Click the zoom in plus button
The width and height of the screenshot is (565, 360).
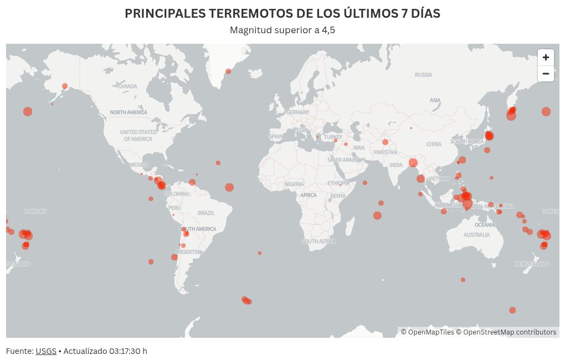coord(546,58)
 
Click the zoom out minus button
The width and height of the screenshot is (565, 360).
coord(546,74)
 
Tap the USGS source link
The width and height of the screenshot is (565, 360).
coord(46,351)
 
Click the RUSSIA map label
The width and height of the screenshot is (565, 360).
coord(423,75)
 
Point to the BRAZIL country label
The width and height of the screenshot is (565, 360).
coord(206,213)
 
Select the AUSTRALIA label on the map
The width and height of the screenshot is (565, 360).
coord(476,235)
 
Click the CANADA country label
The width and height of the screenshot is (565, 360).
coord(127,86)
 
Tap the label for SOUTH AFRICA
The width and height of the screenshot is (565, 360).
coord(319,241)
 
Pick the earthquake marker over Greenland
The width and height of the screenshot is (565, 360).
coord(228,71)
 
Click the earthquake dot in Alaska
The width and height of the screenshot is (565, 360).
coord(65,86)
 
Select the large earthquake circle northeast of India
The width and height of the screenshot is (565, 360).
coord(413,163)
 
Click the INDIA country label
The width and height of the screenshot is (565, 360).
coord(395,165)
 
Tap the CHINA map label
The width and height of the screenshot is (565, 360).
coord(434,144)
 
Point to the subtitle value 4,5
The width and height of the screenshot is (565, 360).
coord(328,30)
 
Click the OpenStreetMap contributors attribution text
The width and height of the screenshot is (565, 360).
coord(510,332)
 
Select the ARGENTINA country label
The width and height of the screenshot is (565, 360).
coord(189,252)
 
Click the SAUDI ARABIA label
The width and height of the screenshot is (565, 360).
coord(343,160)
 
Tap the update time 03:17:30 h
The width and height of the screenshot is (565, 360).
coord(128,351)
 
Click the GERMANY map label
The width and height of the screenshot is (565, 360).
coord(298,112)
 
